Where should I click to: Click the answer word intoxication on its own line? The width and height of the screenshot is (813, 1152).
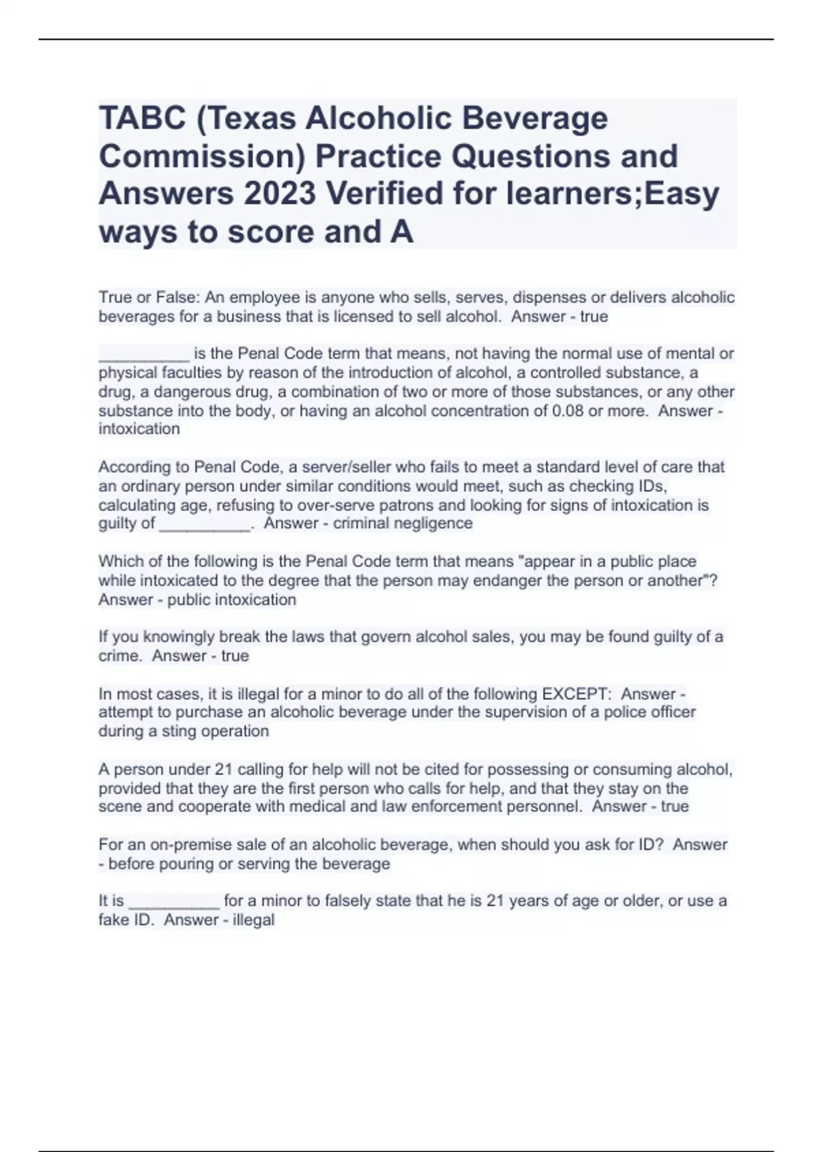(139, 429)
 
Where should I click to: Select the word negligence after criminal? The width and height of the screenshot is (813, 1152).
(436, 523)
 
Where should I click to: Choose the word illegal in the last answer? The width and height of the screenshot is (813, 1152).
(253, 920)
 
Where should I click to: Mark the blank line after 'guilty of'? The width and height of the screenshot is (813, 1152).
(204, 525)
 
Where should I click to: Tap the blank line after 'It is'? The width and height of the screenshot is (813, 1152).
(173, 903)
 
